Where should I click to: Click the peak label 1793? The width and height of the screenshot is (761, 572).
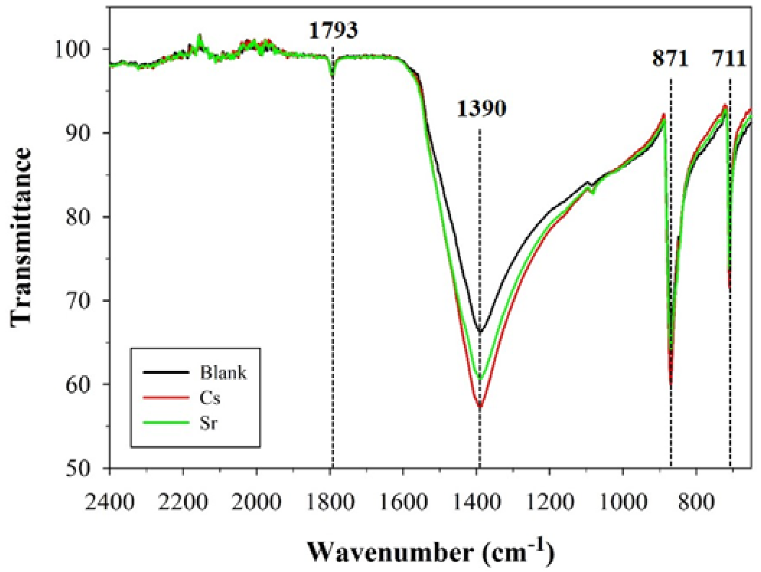[x=333, y=31]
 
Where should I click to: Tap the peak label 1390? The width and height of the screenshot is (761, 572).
[x=481, y=109]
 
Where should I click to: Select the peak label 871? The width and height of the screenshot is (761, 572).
[x=670, y=58]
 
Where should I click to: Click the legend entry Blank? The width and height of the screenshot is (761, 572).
[x=223, y=372]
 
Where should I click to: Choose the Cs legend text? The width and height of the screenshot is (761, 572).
[x=210, y=398]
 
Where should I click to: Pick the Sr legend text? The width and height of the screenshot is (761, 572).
[x=208, y=423]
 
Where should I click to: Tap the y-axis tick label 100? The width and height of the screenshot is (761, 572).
[x=72, y=49]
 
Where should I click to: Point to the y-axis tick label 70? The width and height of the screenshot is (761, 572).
[x=77, y=300]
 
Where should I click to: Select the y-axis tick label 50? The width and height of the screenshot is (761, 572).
[x=77, y=469]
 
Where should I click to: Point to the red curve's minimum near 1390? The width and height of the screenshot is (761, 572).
[x=480, y=406]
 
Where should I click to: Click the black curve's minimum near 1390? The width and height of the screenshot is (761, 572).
[x=480, y=331]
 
